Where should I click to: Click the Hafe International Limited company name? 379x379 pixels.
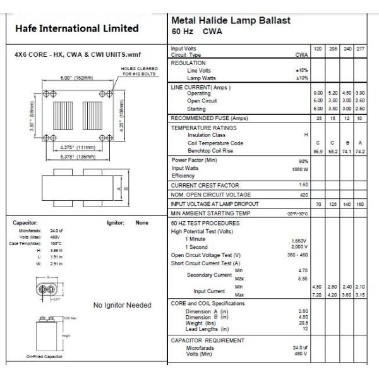76,28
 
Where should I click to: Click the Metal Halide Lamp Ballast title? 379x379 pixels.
231,20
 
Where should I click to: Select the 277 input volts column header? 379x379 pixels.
359,49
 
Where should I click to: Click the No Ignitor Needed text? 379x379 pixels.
122,306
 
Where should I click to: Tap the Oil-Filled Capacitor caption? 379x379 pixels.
44,357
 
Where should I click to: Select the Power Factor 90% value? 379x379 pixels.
303,161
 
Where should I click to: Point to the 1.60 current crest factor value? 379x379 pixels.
303,184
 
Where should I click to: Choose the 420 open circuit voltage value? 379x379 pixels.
304,195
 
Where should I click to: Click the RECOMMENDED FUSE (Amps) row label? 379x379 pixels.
209,118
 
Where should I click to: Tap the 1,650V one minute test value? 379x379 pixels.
299,241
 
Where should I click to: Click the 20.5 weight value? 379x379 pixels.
303,323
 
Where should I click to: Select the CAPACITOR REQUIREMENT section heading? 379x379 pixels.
207,340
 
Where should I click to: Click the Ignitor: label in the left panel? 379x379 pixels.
116,222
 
